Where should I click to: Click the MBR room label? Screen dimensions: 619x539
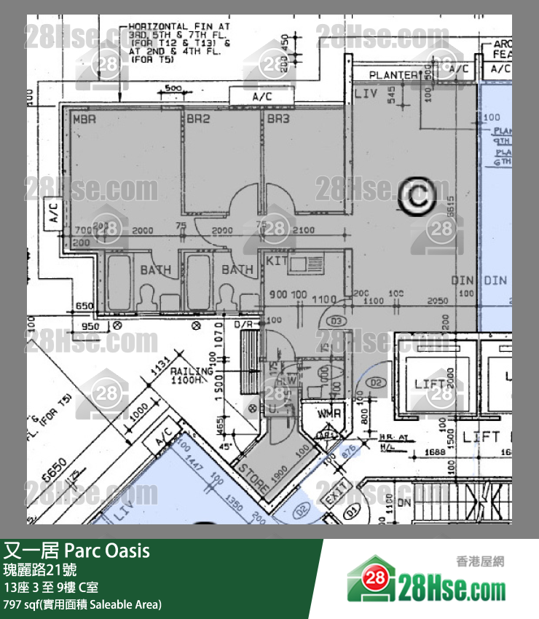85,119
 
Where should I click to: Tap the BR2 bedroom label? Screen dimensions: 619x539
197,119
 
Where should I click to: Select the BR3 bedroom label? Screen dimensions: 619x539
278,119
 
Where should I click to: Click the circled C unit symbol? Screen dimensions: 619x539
418,195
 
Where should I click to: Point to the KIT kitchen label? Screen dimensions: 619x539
277,260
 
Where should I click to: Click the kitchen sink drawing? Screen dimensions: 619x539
307,261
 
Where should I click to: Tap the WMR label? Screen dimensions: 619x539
329,414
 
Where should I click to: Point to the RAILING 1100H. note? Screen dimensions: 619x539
192,375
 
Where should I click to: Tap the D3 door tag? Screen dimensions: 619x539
337,321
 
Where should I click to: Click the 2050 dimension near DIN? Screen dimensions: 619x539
437,301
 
